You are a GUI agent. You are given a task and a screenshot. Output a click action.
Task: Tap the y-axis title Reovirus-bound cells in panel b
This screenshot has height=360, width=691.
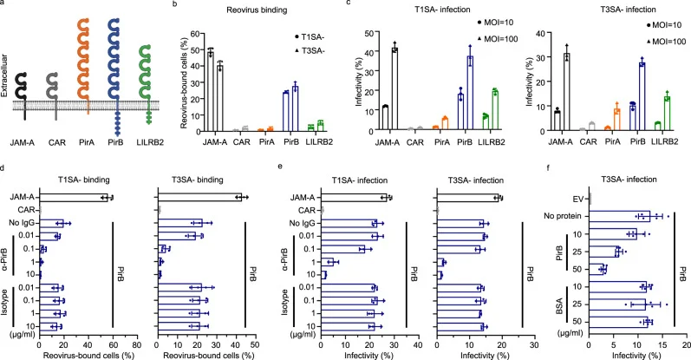tap(185, 87)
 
